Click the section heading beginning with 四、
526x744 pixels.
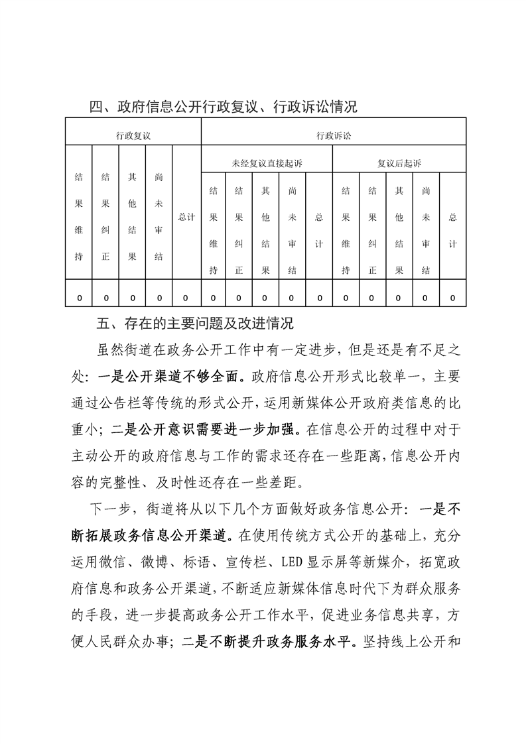[x=224, y=107]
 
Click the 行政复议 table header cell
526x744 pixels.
[x=133, y=135]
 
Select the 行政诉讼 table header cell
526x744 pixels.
[x=334, y=135]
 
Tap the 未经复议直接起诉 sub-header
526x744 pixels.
[x=266, y=163]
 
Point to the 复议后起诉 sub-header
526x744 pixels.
[x=399, y=163]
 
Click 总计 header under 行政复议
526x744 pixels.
[x=186, y=217]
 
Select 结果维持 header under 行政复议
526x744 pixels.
[x=79, y=217]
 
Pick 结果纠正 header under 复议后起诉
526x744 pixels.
[x=372, y=230]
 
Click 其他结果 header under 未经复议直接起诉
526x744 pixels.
[x=265, y=230]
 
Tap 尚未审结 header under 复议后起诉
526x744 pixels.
[x=426, y=230]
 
